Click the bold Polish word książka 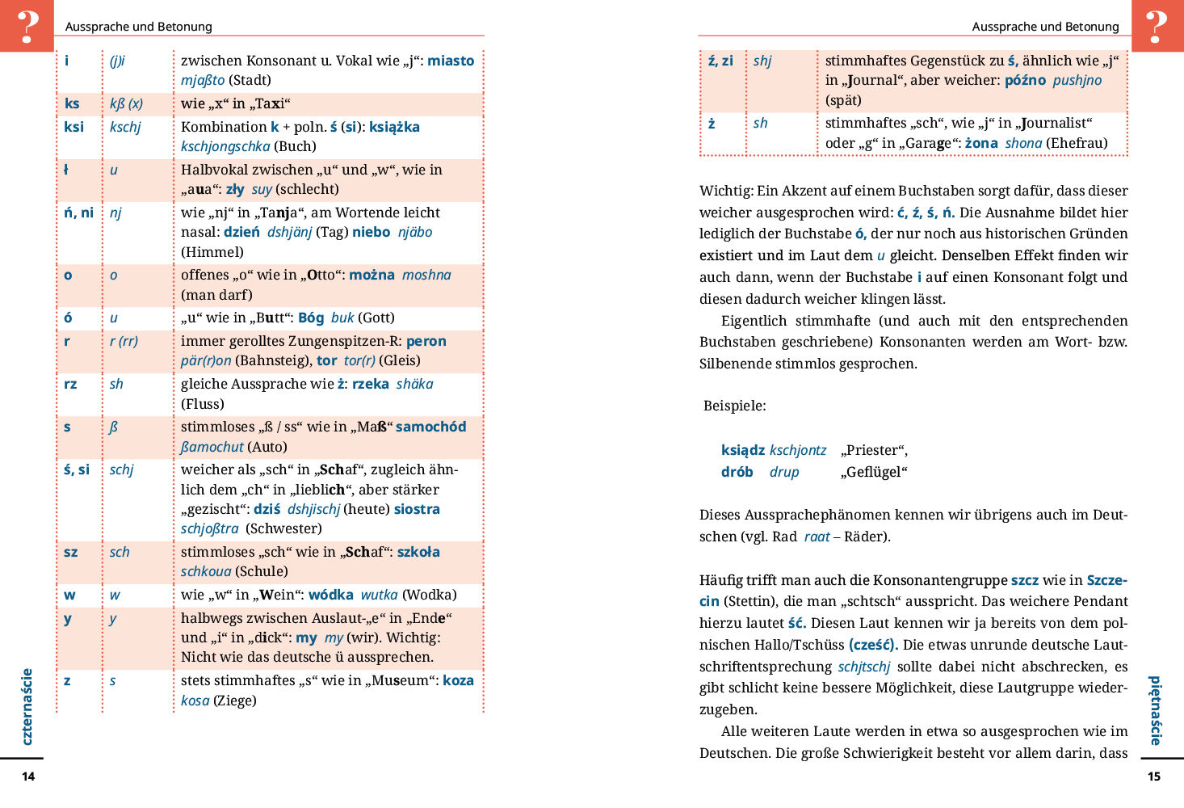[394, 127]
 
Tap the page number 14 [28, 776]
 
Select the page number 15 [1154, 776]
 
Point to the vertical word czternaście [27, 706]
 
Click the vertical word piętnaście [1156, 710]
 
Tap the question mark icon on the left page [27, 25]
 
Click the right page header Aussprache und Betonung [1045, 27]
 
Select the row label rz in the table [70, 384]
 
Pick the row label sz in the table [71, 552]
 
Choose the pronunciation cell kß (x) [126, 103]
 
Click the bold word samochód [430, 427]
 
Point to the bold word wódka [330, 595]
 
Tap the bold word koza [458, 680]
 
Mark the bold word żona [981, 143]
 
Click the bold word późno [1025, 80]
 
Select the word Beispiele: [734, 406]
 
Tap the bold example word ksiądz [742, 450]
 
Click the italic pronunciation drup [783, 472]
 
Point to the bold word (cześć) [873, 645]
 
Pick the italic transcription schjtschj [863, 667]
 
